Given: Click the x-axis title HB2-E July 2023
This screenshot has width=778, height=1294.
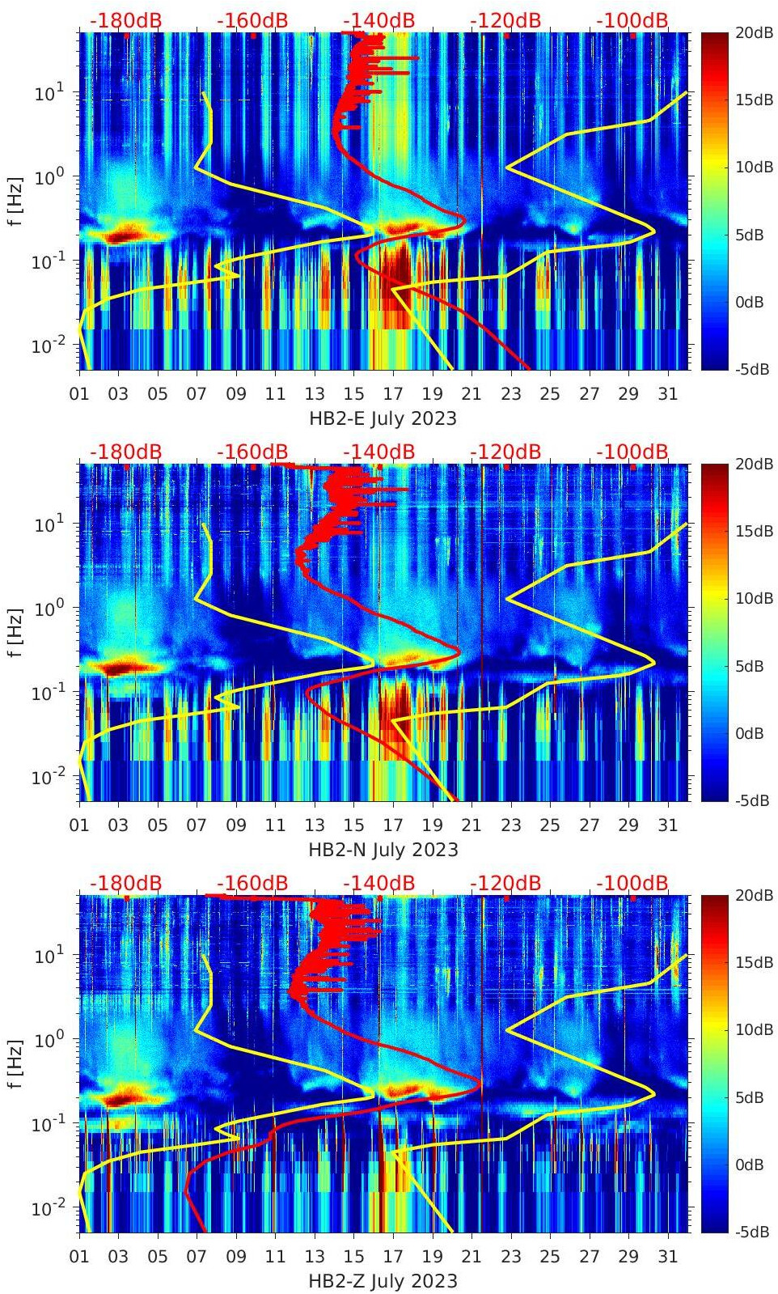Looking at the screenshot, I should point(383,418).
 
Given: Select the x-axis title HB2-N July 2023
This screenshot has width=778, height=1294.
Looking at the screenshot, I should point(383,850).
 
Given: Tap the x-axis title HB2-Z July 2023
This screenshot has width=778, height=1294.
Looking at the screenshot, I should point(383,1281).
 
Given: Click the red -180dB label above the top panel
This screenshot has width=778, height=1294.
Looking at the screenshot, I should point(126,21).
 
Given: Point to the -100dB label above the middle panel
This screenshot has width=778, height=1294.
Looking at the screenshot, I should point(632,452).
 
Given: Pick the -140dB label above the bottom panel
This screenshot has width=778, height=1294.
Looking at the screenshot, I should point(378,883).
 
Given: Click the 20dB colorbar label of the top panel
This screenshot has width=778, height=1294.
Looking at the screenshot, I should point(753,32).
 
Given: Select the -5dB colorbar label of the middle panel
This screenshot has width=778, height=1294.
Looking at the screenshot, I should point(751,800).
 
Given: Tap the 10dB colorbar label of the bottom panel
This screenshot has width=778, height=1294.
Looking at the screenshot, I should point(753,1029).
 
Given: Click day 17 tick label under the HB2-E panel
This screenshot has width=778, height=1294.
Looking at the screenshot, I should point(393,394).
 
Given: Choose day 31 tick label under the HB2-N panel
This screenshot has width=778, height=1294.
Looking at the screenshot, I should point(667,825).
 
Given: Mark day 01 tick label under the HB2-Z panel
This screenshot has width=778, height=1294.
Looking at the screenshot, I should point(79,1257).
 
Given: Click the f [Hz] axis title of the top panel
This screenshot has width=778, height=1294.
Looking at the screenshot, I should point(15,201).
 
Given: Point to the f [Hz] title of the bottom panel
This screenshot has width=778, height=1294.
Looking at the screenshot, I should point(15,1063).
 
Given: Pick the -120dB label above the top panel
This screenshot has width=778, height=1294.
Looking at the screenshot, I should point(505,21).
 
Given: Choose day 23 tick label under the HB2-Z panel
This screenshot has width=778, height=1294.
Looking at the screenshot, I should point(510,1257).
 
